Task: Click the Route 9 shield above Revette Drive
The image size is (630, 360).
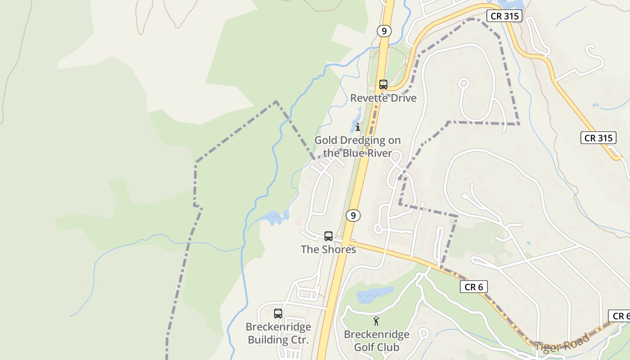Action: (383, 31)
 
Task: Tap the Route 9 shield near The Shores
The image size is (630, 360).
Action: (353, 216)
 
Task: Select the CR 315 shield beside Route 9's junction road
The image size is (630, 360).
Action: (504, 16)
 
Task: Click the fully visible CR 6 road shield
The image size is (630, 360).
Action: (473, 287)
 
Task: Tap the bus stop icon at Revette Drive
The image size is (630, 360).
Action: (383, 84)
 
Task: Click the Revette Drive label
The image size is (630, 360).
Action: (383, 98)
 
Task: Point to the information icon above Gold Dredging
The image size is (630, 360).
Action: (358, 127)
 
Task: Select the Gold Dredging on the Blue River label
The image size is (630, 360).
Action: (357, 147)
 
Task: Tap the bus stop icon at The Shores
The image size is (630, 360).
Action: (328, 236)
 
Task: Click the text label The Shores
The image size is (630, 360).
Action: (328, 249)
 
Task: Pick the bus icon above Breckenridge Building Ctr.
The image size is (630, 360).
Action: (278, 314)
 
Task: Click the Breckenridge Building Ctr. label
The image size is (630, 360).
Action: (278, 333)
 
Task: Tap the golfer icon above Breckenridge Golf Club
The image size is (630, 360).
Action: (376, 321)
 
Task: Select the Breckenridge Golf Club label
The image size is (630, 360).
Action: (377, 341)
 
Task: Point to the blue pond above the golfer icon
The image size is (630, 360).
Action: (375, 295)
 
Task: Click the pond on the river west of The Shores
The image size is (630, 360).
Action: (274, 218)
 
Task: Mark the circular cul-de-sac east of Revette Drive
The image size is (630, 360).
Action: (463, 83)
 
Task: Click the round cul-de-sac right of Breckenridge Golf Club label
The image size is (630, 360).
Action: (423, 334)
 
